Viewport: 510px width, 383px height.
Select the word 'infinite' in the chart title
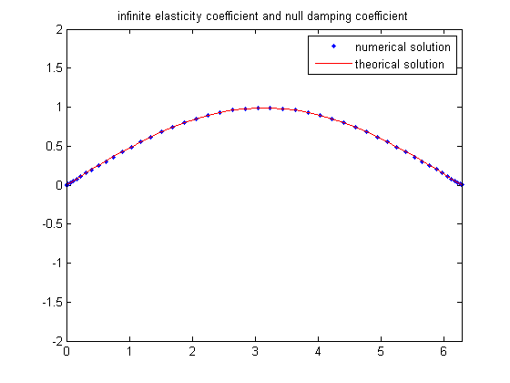(135, 16)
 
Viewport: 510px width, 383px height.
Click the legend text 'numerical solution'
(403, 47)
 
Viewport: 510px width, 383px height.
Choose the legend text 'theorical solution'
(400, 64)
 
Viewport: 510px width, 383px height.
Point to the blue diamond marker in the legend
(333, 47)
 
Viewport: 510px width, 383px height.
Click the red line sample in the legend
(333, 63)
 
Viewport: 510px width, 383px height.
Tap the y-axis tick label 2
(59, 29)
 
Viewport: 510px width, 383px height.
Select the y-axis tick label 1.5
(55, 68)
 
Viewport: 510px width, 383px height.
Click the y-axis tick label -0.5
(53, 224)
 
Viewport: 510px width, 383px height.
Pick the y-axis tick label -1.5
(53, 302)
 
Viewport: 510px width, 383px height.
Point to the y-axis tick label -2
(57, 341)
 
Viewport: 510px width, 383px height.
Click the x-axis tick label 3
(255, 352)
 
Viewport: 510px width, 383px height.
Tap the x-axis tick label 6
(444, 352)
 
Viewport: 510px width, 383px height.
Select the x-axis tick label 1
(129, 352)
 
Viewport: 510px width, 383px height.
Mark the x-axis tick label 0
(66, 352)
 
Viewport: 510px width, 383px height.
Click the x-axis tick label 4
(318, 352)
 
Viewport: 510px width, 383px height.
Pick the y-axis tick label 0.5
(55, 146)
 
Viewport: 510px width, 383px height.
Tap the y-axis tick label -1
(57, 264)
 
